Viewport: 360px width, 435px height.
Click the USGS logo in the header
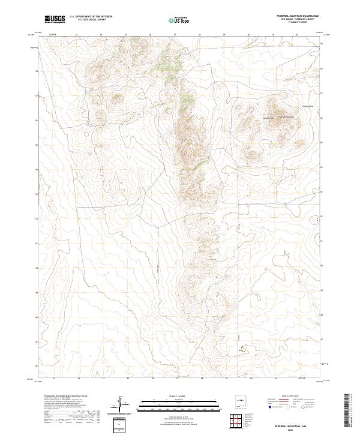55,19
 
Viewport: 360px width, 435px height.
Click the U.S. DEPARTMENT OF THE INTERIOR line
91,16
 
